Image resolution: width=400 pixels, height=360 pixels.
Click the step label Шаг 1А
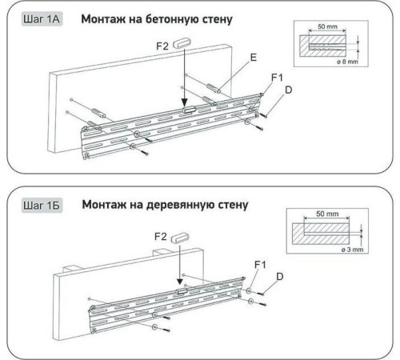(42, 19)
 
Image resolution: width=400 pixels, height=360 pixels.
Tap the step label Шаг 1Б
(42, 206)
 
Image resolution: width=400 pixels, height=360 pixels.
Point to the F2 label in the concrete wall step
(162, 46)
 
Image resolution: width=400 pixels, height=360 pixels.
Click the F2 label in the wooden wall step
(161, 237)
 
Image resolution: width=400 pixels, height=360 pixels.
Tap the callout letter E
(253, 58)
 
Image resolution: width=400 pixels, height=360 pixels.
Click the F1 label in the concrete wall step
(277, 78)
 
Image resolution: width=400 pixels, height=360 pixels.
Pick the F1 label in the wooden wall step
(260, 265)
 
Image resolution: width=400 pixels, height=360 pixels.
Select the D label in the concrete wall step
(289, 90)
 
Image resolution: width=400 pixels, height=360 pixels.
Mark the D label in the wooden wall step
(280, 277)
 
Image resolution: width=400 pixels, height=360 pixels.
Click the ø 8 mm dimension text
(347, 62)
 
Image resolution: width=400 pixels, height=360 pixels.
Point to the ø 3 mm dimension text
(352, 250)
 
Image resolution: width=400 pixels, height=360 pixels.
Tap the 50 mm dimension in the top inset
(327, 26)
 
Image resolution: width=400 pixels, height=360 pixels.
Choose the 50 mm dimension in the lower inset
(327, 214)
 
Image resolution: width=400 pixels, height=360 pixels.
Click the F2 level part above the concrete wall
(182, 43)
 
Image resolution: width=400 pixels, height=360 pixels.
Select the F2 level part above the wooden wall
(180, 238)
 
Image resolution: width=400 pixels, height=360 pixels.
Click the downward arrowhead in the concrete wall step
(184, 103)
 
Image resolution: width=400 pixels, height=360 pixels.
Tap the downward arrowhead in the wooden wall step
(180, 282)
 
